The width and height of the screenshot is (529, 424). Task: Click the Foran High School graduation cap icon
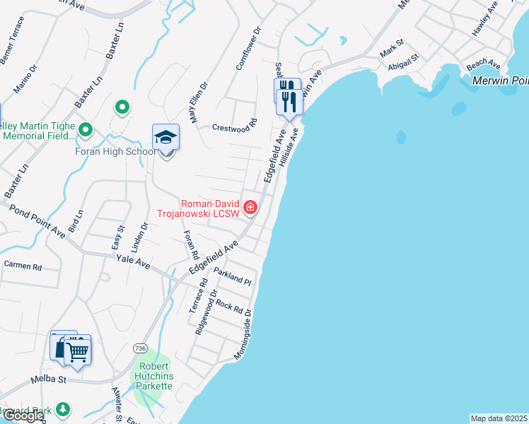[165, 136]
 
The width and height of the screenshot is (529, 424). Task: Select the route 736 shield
[140, 348]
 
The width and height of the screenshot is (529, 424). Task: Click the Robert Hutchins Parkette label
[153, 376]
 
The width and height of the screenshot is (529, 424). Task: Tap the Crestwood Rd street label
[233, 128]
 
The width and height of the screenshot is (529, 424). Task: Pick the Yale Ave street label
[134, 263]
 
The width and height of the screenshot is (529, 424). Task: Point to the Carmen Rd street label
[23, 266]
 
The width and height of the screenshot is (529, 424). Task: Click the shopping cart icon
[77, 349]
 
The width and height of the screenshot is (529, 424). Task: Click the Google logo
[23, 416]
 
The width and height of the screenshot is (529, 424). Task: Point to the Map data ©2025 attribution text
[499, 418]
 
